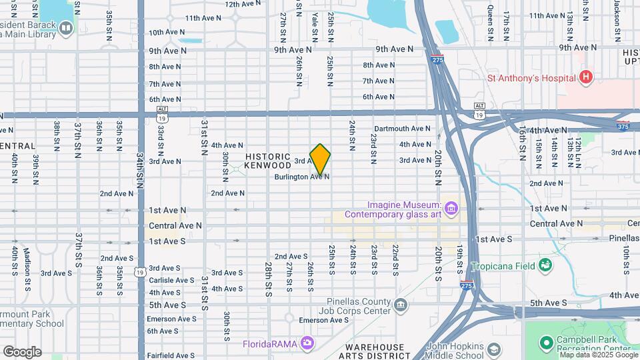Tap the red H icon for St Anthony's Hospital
[x=586, y=78]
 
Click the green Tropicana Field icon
[x=545, y=265]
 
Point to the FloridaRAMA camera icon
[x=307, y=343]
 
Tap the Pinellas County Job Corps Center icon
[x=400, y=305]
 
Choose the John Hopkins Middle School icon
[x=493, y=350]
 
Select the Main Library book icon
[x=65, y=27]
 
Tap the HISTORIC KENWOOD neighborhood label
[x=267, y=160]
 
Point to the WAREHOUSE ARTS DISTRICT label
[x=375, y=351]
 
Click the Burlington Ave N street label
[x=302, y=177]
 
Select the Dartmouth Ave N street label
[x=402, y=129]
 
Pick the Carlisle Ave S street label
[x=171, y=281]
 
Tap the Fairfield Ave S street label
[x=171, y=355]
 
